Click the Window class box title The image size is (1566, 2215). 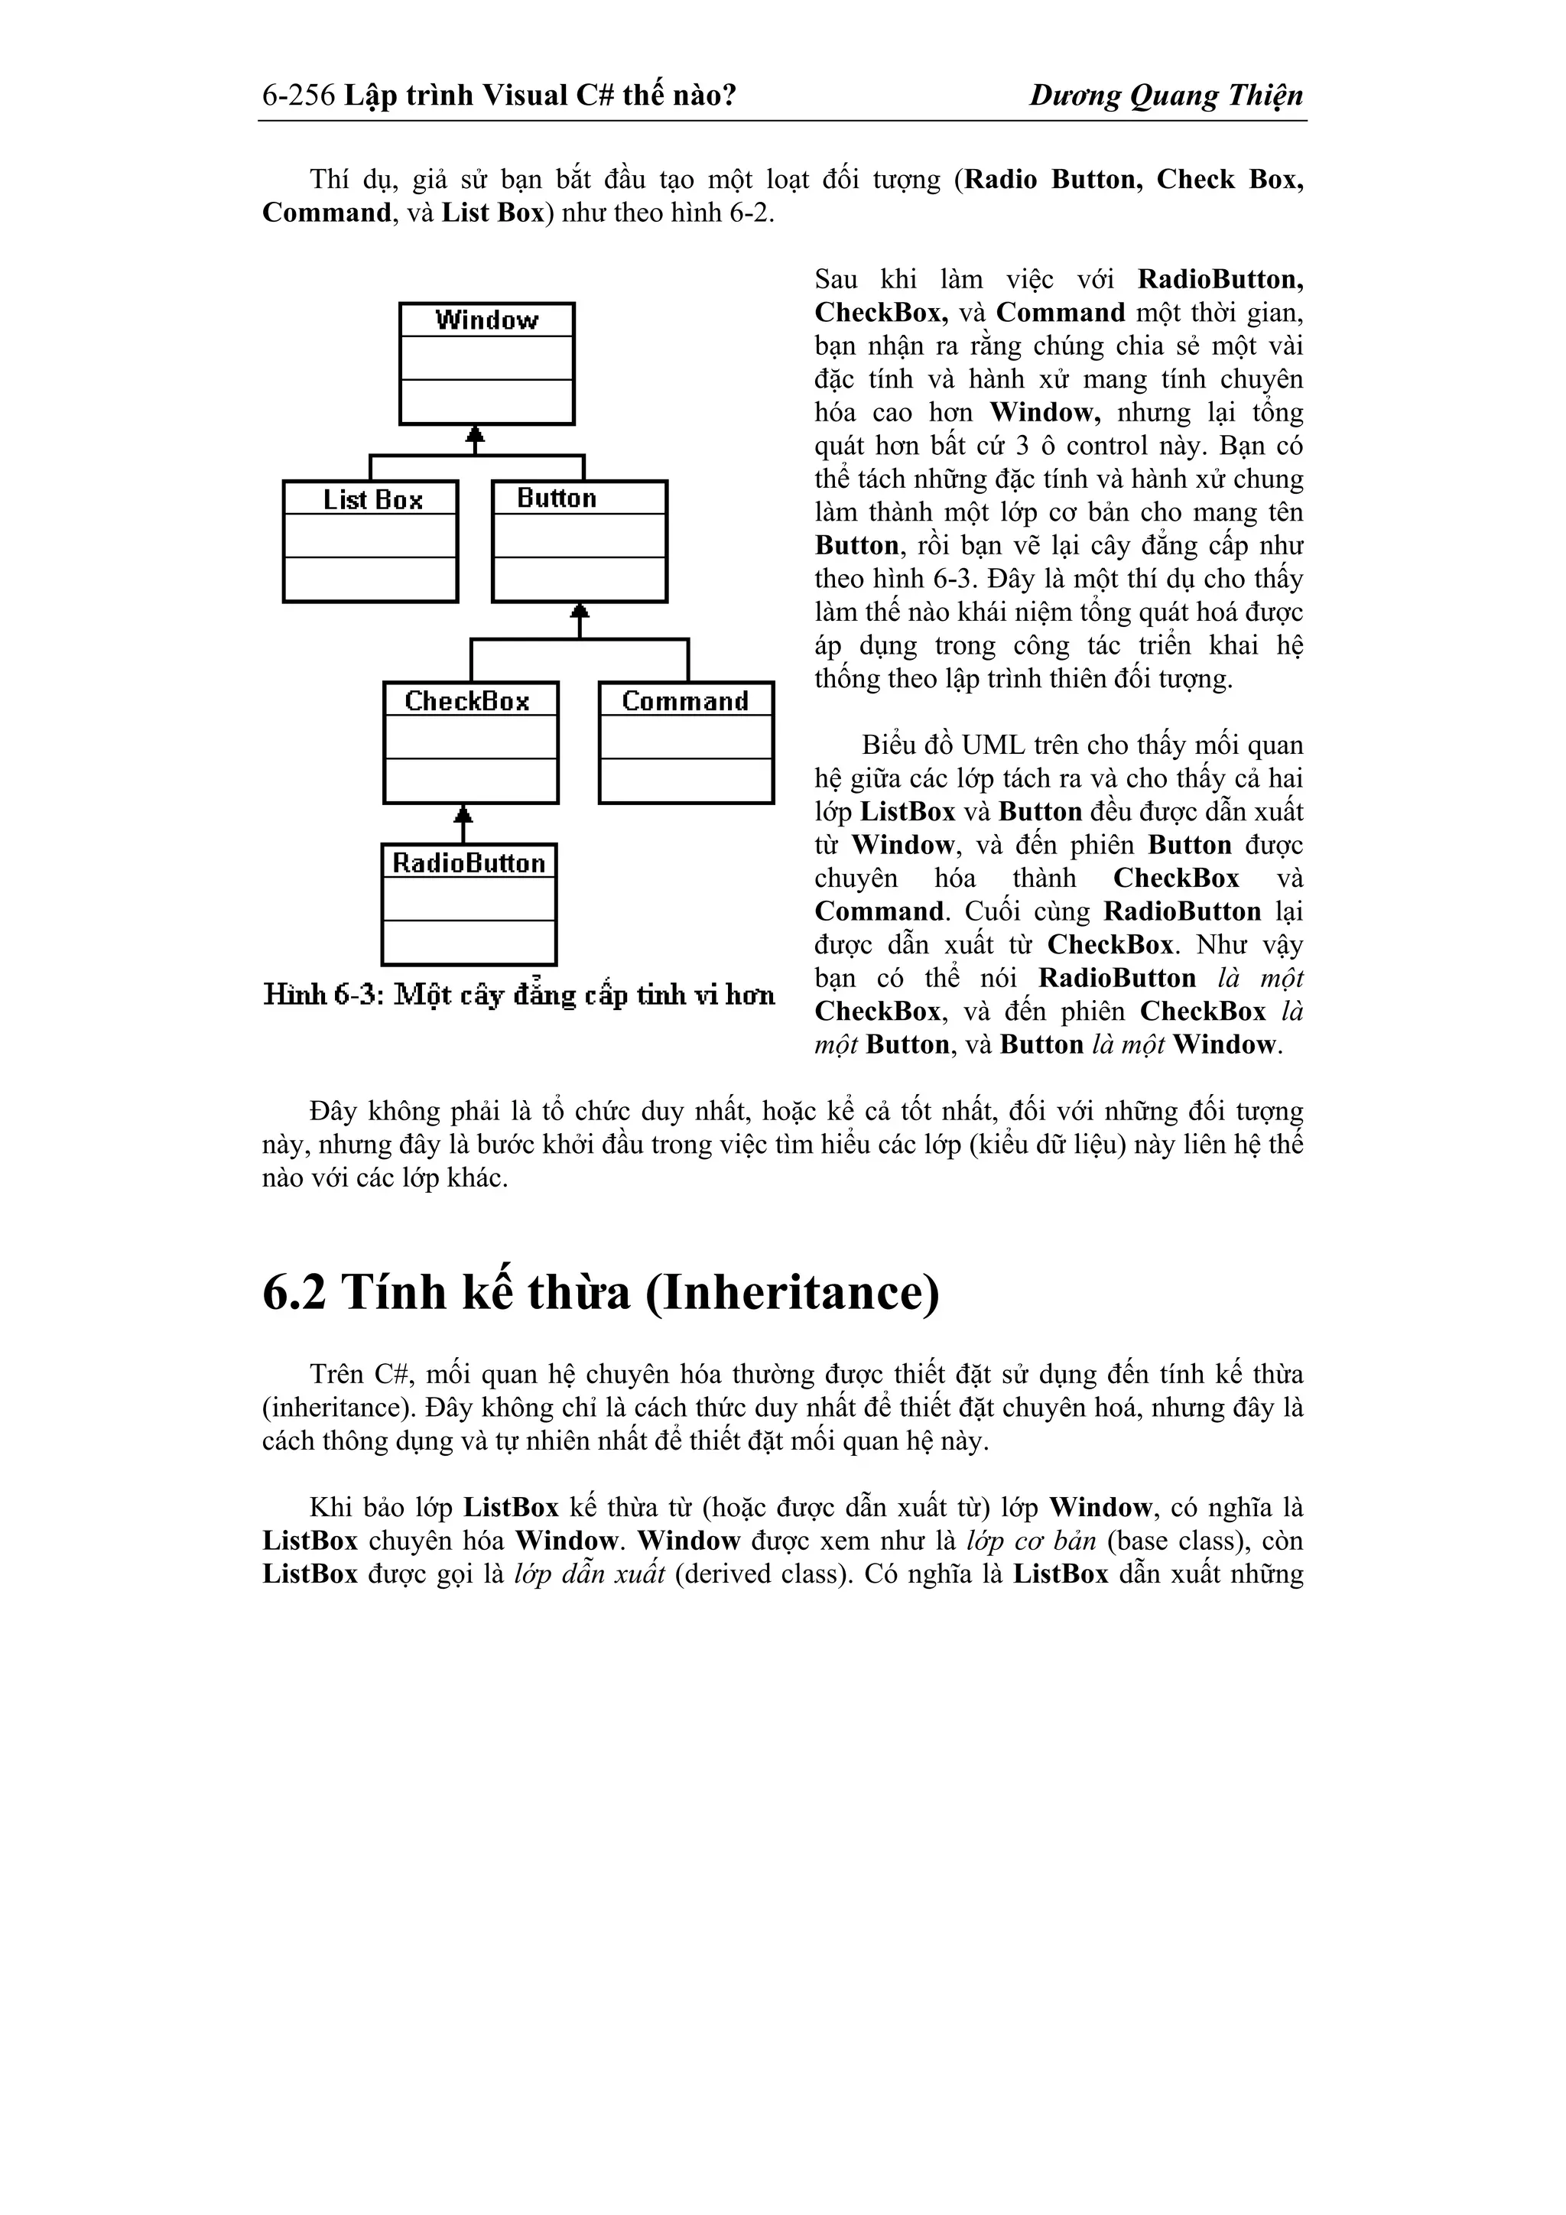click(x=486, y=320)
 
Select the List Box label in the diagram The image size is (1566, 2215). click(x=372, y=500)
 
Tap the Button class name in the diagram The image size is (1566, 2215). click(x=557, y=498)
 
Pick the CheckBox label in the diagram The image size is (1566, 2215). click(x=467, y=701)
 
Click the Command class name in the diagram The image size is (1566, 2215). click(x=685, y=701)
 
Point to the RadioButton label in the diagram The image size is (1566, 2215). click(x=469, y=862)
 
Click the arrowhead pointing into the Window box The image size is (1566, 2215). click(x=474, y=435)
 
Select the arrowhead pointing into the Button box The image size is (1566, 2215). click(x=579, y=612)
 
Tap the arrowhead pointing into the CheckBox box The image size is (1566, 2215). click(x=464, y=814)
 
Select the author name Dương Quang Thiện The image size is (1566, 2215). click(x=1165, y=96)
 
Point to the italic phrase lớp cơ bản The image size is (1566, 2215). click(x=1032, y=1541)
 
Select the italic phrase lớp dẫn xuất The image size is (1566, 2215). click(x=590, y=1574)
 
